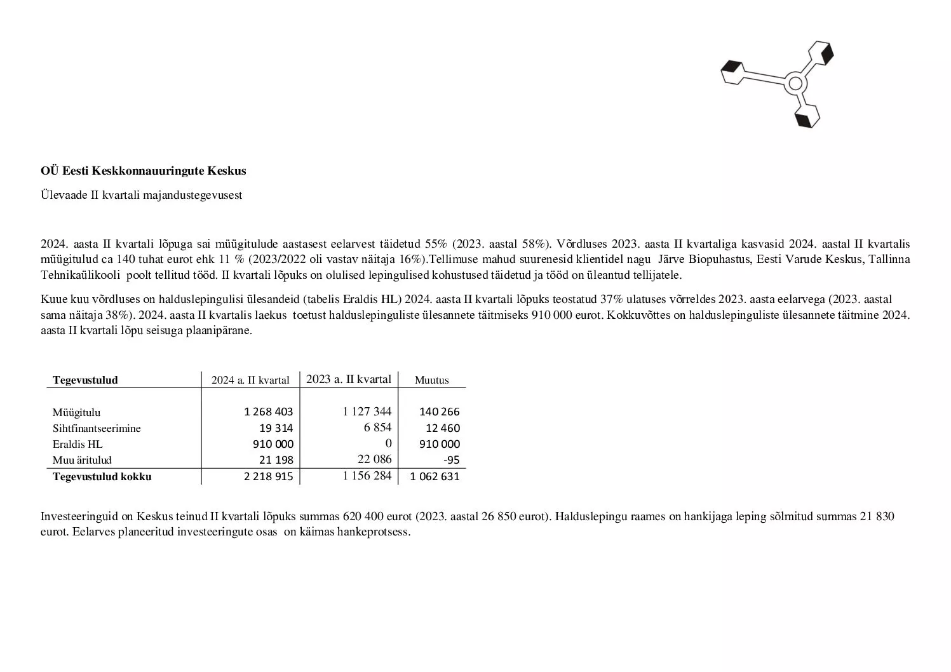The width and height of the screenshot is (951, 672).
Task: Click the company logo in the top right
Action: (x=778, y=83)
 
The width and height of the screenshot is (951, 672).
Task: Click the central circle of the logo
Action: (x=794, y=83)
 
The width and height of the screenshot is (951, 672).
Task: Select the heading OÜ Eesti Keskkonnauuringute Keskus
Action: (x=144, y=171)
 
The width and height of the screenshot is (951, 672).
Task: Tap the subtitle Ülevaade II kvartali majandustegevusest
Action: (x=142, y=195)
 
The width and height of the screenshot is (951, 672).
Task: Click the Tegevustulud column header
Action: (x=85, y=380)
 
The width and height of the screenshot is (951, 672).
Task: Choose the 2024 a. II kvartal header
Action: (x=250, y=380)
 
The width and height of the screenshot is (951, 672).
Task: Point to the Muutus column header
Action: (x=431, y=380)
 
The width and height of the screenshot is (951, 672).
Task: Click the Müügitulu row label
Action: (x=76, y=412)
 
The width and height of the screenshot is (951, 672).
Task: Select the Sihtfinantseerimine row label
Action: (x=97, y=428)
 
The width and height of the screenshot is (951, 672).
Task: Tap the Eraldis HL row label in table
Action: (x=78, y=444)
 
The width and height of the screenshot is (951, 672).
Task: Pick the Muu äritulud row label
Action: (x=82, y=460)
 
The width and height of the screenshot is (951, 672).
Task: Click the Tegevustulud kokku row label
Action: (x=102, y=476)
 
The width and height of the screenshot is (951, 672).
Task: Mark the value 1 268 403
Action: (x=269, y=412)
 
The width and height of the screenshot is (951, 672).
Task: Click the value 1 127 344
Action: (x=367, y=412)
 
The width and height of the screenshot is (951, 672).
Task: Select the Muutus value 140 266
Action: (x=440, y=412)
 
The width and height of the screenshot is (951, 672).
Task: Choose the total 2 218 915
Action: (x=269, y=476)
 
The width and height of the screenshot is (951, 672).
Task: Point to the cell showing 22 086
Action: (x=375, y=459)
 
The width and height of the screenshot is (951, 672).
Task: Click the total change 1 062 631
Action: (x=435, y=476)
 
